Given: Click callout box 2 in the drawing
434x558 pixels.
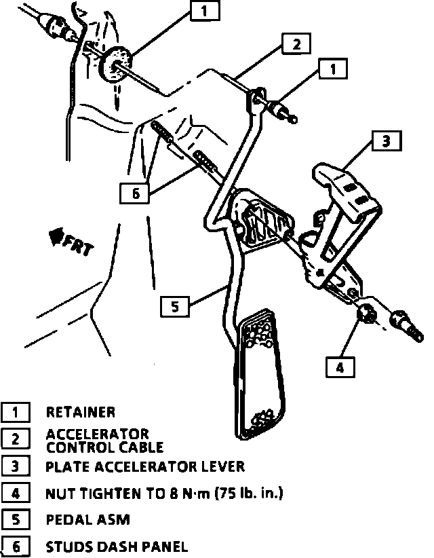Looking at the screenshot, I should [296, 45].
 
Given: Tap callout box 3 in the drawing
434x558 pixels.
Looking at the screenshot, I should [385, 141].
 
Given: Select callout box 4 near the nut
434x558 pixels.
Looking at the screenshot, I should [339, 367].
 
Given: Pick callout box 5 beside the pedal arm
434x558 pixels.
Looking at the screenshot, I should [174, 307].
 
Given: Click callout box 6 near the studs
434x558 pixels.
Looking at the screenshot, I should [135, 193].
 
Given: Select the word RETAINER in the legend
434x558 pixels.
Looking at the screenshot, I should [81, 412].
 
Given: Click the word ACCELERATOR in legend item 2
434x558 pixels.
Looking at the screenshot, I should [97, 434].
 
